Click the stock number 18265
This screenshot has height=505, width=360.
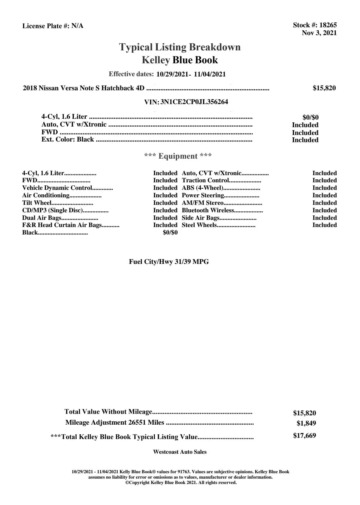pos(328,25)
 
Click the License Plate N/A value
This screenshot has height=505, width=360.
pos(77,26)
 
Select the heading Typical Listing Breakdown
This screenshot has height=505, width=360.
pos(180,47)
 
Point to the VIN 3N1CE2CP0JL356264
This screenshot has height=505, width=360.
pos(194,102)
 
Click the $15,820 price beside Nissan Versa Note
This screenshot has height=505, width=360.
pos(324,88)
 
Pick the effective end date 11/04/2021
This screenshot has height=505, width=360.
pos(210,74)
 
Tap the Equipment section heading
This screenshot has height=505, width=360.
pos(178,156)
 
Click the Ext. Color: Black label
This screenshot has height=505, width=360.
pos(68,139)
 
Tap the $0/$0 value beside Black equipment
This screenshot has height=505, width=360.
pos(170,233)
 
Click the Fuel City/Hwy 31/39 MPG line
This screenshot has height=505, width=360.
pos(169,262)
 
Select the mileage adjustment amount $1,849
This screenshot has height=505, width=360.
pos(306,423)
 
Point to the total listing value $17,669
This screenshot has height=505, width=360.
pos(304,436)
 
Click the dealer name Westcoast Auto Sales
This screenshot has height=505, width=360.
pos(180,452)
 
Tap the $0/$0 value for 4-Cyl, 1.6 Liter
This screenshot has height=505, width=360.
pos(310,118)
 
